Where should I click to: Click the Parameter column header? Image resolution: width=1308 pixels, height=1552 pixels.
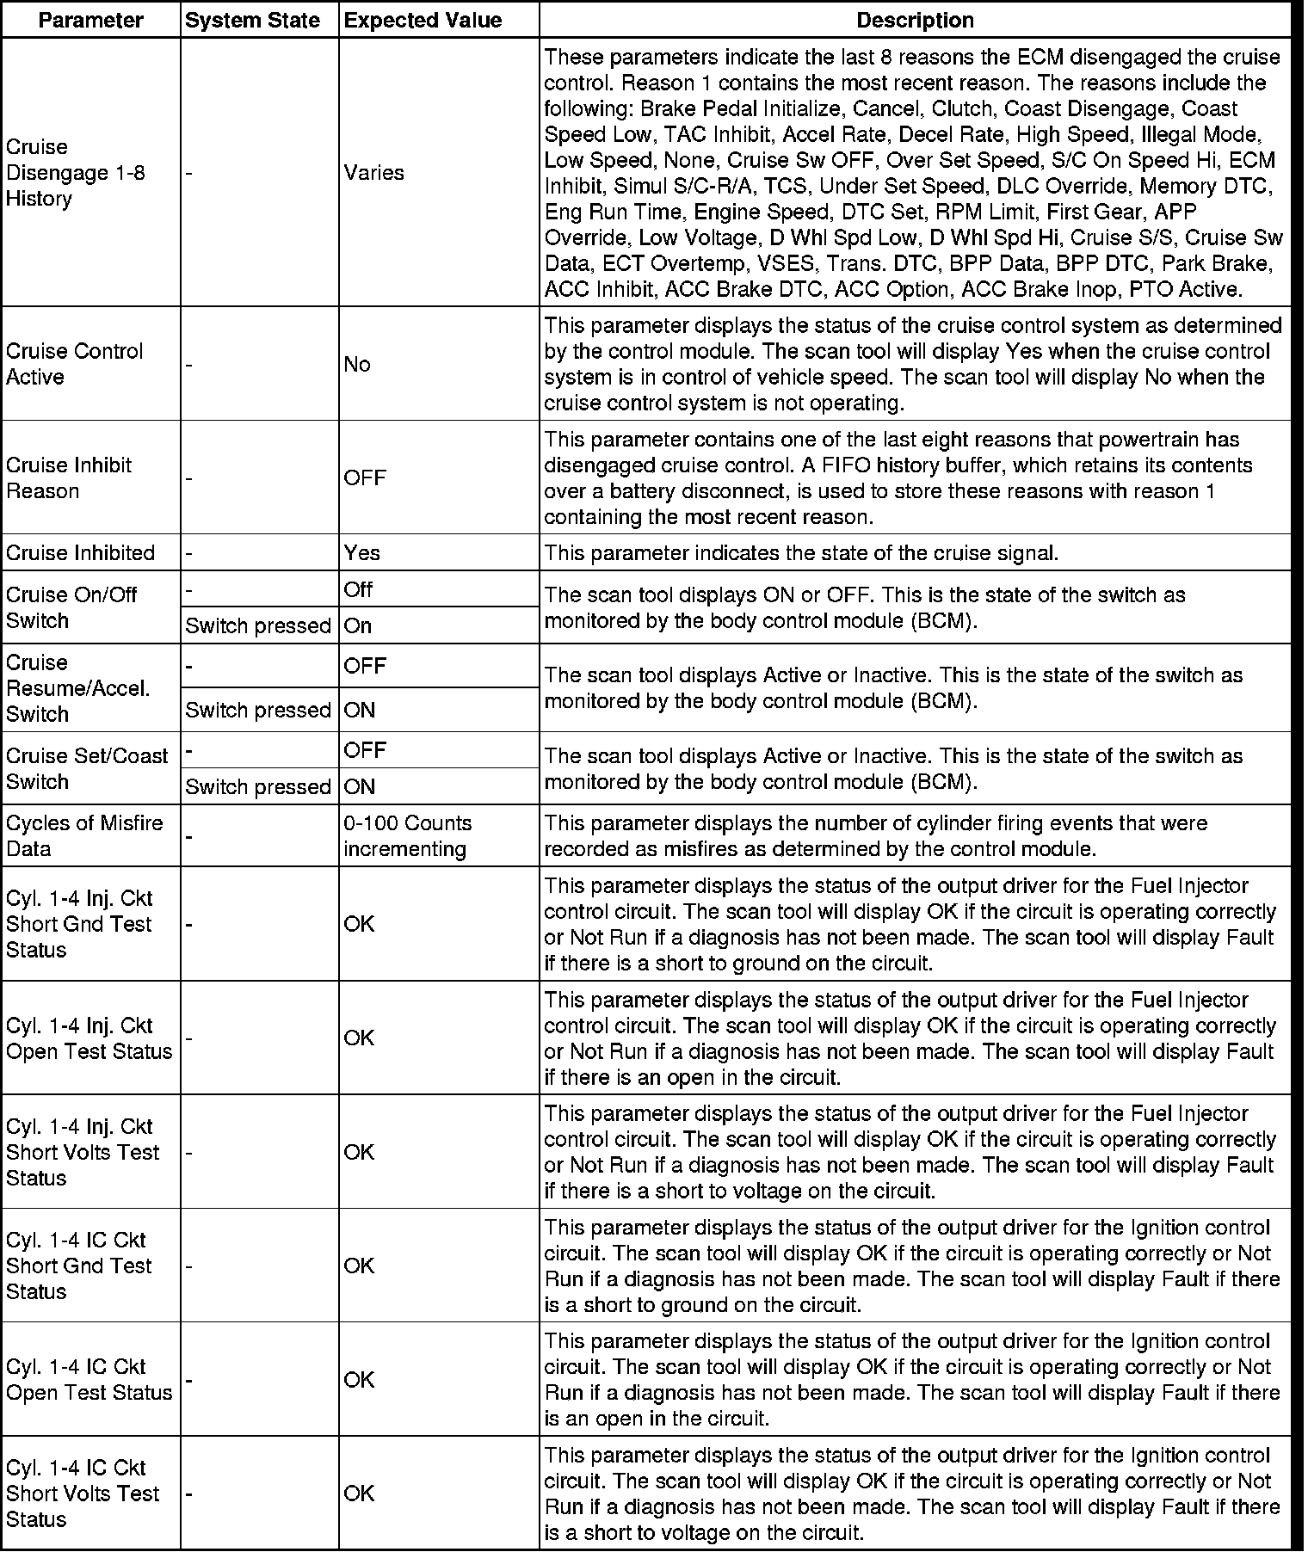click(x=90, y=20)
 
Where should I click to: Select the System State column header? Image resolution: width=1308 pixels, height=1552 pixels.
click(x=253, y=20)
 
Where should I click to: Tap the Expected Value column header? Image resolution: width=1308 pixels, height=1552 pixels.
click(x=423, y=20)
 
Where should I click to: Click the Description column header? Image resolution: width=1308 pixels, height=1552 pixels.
click(x=915, y=20)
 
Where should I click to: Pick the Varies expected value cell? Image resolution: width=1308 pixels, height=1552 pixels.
click(x=373, y=173)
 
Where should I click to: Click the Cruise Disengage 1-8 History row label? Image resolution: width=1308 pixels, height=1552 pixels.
click(x=76, y=173)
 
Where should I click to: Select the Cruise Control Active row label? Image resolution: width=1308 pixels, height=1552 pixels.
click(x=75, y=364)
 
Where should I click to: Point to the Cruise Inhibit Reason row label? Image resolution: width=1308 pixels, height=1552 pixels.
click(x=69, y=478)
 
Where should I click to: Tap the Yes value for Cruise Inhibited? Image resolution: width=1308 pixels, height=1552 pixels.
click(x=361, y=552)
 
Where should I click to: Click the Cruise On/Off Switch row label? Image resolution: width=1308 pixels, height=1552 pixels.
click(x=71, y=607)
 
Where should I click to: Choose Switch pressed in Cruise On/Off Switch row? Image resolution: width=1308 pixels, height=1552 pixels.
click(x=258, y=626)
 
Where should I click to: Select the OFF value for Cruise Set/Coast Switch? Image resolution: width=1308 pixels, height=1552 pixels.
click(x=365, y=750)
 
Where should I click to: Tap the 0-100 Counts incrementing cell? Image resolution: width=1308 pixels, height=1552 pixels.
click(x=408, y=835)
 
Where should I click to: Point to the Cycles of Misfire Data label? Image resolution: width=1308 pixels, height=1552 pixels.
click(x=84, y=835)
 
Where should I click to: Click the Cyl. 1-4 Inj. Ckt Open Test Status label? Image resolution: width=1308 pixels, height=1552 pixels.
click(x=89, y=1038)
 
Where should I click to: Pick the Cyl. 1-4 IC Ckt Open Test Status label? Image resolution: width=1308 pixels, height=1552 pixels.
click(x=89, y=1380)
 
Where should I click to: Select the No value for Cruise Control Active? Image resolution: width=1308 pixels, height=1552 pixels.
click(x=357, y=365)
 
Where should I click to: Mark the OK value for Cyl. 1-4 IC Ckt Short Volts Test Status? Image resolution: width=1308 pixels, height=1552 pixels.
click(x=359, y=1493)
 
